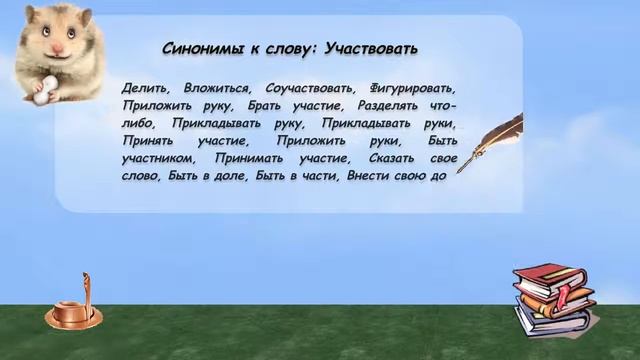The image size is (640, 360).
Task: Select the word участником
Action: point(156,158)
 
